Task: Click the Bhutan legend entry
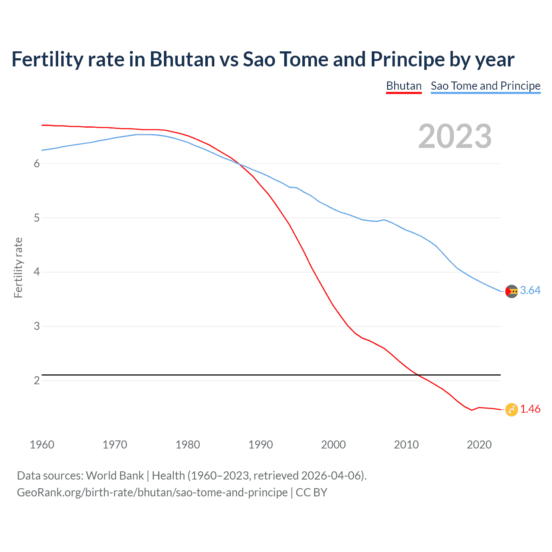[404, 86]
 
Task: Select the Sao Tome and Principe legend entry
[485, 86]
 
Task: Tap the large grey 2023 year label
[455, 136]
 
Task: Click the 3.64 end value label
[530, 291]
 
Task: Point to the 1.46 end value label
[530, 409]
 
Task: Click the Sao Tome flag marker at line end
[511, 291]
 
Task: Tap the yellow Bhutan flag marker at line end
[511, 410]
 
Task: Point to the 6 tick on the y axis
[37, 163]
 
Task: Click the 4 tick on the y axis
[37, 272]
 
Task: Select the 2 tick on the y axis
[37, 380]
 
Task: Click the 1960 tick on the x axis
[42, 445]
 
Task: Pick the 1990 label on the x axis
[260, 445]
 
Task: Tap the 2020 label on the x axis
[479, 445]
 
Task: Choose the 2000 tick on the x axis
[333, 445]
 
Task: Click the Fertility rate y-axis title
[18, 267]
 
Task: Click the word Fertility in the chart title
[47, 60]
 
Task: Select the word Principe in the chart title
[407, 60]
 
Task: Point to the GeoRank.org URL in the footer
[152, 492]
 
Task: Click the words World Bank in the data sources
[115, 476]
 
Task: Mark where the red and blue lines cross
[239, 164]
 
